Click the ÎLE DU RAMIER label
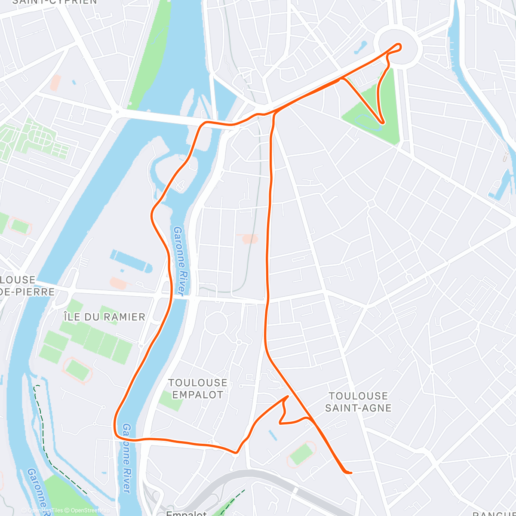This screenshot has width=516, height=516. (x=104, y=317)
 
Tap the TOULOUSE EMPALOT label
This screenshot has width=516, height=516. (x=198, y=389)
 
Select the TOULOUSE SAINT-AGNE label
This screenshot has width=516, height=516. (x=358, y=402)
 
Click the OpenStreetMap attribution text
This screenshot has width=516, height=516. (x=87, y=510)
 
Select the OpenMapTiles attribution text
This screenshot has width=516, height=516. (x=45, y=510)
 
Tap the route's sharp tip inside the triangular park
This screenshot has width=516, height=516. (x=381, y=123)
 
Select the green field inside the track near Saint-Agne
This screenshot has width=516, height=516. (x=301, y=454)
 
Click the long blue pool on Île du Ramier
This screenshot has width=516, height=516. (x=131, y=260)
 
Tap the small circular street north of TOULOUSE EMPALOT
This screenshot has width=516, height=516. (x=216, y=323)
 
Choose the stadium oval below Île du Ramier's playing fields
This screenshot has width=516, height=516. (x=77, y=369)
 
